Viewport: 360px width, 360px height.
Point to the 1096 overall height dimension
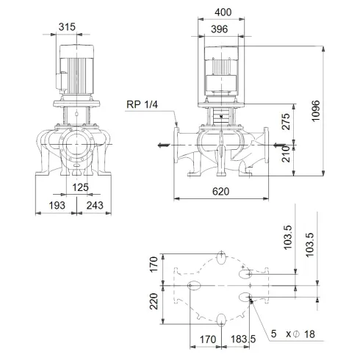coord(335,110)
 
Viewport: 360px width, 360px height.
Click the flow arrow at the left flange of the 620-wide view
coord(162,145)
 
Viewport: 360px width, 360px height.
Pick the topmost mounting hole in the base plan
coord(223,256)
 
